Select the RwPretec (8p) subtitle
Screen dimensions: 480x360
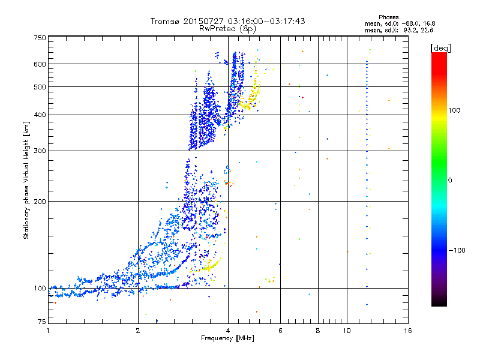coord(227,29)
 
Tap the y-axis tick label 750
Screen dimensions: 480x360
coord(40,38)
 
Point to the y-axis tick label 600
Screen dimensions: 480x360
coord(40,64)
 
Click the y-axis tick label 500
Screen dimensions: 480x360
coord(40,87)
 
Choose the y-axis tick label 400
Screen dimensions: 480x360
coord(40,115)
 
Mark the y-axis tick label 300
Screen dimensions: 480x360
coord(40,151)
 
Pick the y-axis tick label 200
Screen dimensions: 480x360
coord(40,202)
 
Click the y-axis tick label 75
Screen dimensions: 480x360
coord(41,322)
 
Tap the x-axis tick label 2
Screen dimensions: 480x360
coord(138,331)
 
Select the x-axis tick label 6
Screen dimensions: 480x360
coord(280,331)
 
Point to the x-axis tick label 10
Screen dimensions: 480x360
coord(347,331)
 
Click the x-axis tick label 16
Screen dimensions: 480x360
coord(408,331)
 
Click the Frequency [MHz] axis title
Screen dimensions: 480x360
coord(227,338)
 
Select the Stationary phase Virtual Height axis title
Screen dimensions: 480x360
coord(26,181)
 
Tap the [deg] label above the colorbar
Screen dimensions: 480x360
coord(440,48)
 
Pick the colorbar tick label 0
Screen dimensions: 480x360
coord(449,181)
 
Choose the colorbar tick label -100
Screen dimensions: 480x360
coord(457,250)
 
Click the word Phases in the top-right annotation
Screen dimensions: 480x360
coord(388,17)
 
